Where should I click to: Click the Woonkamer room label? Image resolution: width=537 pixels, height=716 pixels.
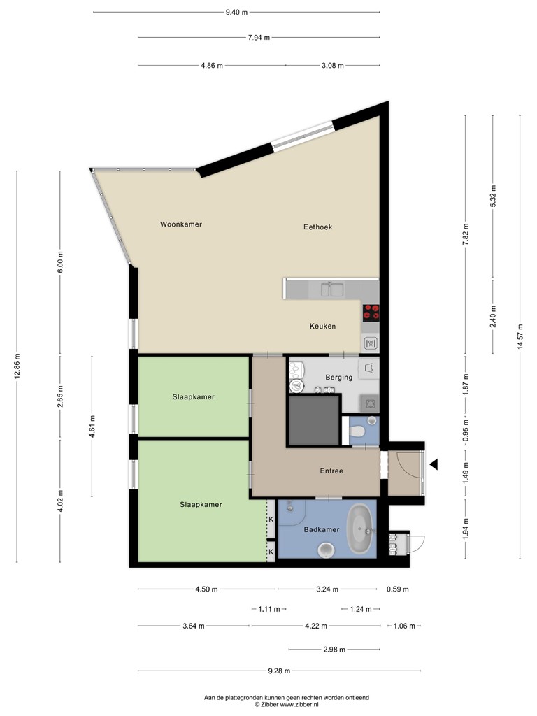pyautogui.click(x=181, y=224)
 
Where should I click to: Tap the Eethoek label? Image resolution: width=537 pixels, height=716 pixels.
pyautogui.click(x=318, y=227)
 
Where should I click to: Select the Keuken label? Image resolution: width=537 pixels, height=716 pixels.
pyautogui.click(x=322, y=326)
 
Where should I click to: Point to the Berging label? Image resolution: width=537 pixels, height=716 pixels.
pyautogui.click(x=339, y=377)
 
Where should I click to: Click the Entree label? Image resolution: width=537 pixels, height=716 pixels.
pyautogui.click(x=331, y=471)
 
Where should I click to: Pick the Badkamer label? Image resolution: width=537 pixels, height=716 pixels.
pyautogui.click(x=322, y=530)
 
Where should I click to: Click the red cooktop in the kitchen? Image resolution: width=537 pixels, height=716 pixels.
pyautogui.click(x=371, y=313)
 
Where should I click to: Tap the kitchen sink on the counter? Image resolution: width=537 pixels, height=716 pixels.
pyautogui.click(x=332, y=289)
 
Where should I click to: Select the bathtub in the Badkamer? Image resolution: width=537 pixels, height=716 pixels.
pyautogui.click(x=361, y=530)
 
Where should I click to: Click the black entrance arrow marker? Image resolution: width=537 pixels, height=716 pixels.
pyautogui.click(x=434, y=465)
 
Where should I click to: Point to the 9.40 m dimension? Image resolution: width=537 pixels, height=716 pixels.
pyautogui.click(x=236, y=13)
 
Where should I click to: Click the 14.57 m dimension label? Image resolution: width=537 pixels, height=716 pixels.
pyautogui.click(x=520, y=336)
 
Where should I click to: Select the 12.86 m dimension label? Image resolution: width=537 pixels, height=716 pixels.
pyautogui.click(x=17, y=366)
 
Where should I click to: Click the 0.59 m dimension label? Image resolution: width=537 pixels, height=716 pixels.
pyautogui.click(x=398, y=589)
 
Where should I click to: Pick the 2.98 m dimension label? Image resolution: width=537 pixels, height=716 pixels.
pyautogui.click(x=334, y=650)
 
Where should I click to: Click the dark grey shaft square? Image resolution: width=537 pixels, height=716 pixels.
pyautogui.click(x=314, y=420)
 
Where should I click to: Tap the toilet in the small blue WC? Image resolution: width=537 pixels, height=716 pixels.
pyautogui.click(x=356, y=431)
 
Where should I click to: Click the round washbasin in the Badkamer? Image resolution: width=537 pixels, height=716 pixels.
pyautogui.click(x=326, y=550)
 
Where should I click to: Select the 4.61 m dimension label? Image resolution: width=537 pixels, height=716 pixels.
pyautogui.click(x=92, y=427)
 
